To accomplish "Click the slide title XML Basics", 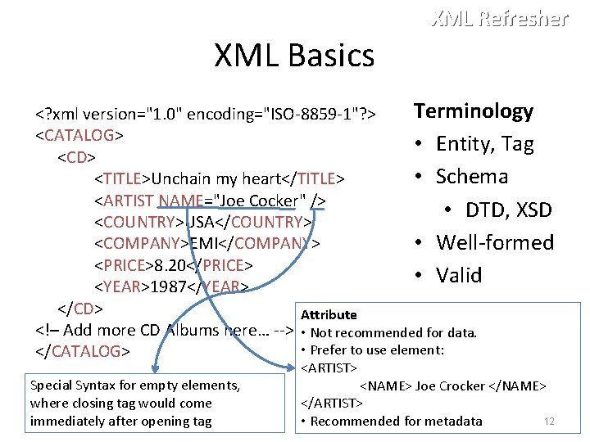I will click(294, 56).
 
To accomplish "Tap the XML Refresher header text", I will click(499, 18).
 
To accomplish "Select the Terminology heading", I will click(473, 110).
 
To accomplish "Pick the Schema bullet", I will click(471, 177).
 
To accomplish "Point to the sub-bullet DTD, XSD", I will click(509, 210).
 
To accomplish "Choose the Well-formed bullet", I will click(495, 242).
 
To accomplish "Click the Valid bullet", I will click(459, 275).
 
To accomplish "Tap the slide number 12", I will click(550, 421).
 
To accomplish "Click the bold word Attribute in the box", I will click(329, 314).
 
